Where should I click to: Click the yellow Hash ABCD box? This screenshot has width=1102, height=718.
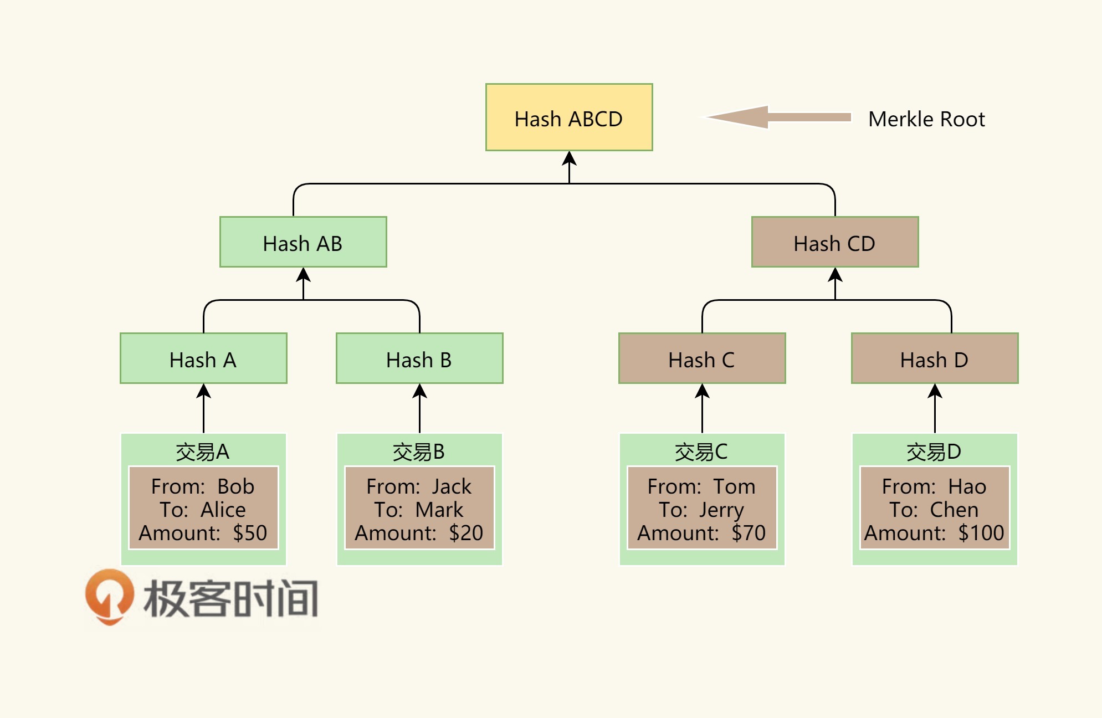(569, 117)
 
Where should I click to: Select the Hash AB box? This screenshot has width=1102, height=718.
(303, 242)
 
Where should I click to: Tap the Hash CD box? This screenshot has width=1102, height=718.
(834, 242)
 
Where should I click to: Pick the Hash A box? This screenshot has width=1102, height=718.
(203, 358)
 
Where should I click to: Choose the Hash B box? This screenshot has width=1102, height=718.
(419, 358)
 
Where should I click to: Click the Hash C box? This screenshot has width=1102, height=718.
(702, 358)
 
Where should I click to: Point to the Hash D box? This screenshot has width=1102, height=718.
(935, 358)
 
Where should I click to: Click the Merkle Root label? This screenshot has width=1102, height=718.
(926, 119)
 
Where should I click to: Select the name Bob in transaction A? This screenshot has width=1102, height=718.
(235, 486)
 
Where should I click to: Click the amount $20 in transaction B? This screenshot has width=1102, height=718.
(466, 533)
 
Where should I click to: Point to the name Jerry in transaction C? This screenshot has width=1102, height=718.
(721, 510)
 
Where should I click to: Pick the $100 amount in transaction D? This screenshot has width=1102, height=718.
(981, 533)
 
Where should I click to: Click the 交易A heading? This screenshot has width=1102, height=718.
(202, 452)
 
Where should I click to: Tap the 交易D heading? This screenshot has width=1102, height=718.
(934, 452)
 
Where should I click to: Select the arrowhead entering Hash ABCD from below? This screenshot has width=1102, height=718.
(569, 160)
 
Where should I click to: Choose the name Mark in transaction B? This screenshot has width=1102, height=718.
(439, 510)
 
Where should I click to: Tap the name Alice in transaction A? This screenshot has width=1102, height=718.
(223, 510)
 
